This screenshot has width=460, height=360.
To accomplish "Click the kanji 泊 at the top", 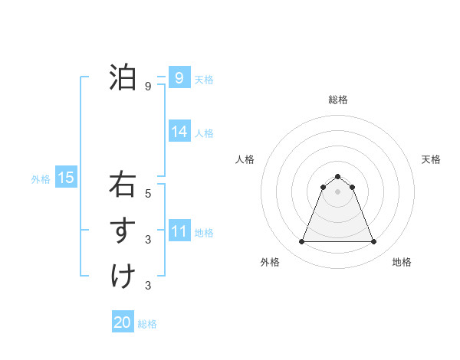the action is click(x=122, y=77).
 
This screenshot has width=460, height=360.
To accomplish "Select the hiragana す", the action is click(x=123, y=231).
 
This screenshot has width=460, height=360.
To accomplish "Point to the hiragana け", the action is click(x=123, y=276).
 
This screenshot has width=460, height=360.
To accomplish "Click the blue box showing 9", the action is click(x=179, y=77).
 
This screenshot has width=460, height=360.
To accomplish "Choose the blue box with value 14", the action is click(x=179, y=132).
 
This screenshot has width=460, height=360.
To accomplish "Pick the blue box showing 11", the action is click(x=179, y=231).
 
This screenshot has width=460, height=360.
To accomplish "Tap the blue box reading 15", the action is click(x=65, y=178).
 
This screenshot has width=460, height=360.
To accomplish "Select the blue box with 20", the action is click(x=122, y=322).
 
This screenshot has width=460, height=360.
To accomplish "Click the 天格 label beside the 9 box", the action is click(x=204, y=79).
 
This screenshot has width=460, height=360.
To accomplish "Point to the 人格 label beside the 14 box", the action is click(x=204, y=133).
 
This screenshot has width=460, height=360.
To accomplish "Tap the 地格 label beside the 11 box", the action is click(x=204, y=232).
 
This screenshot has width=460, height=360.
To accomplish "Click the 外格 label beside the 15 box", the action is click(x=41, y=179).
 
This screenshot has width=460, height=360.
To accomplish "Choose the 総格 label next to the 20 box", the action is click(x=147, y=323).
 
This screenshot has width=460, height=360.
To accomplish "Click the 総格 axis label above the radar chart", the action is click(x=337, y=100).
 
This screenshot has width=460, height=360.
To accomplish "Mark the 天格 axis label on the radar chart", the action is click(x=431, y=159).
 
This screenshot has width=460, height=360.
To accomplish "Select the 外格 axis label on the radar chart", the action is click(x=270, y=262).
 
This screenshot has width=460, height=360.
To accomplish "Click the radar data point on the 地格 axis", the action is click(x=373, y=242).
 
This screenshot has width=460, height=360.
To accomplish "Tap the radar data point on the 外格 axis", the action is click(x=301, y=242).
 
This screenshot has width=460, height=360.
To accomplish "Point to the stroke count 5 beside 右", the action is click(x=148, y=194).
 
